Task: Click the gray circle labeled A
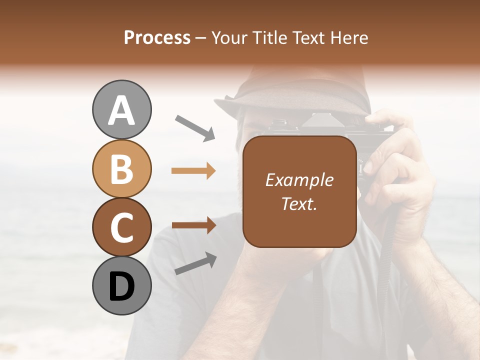(122, 109)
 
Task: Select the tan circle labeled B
(122, 168)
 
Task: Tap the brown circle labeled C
(122, 227)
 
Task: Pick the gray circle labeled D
(122, 285)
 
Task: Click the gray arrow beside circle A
(195, 127)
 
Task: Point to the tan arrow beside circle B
(193, 171)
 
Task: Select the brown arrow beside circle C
(193, 225)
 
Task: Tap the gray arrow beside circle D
(195, 263)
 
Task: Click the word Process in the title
(157, 37)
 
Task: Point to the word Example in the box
(299, 180)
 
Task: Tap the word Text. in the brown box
(299, 203)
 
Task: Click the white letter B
(122, 168)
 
